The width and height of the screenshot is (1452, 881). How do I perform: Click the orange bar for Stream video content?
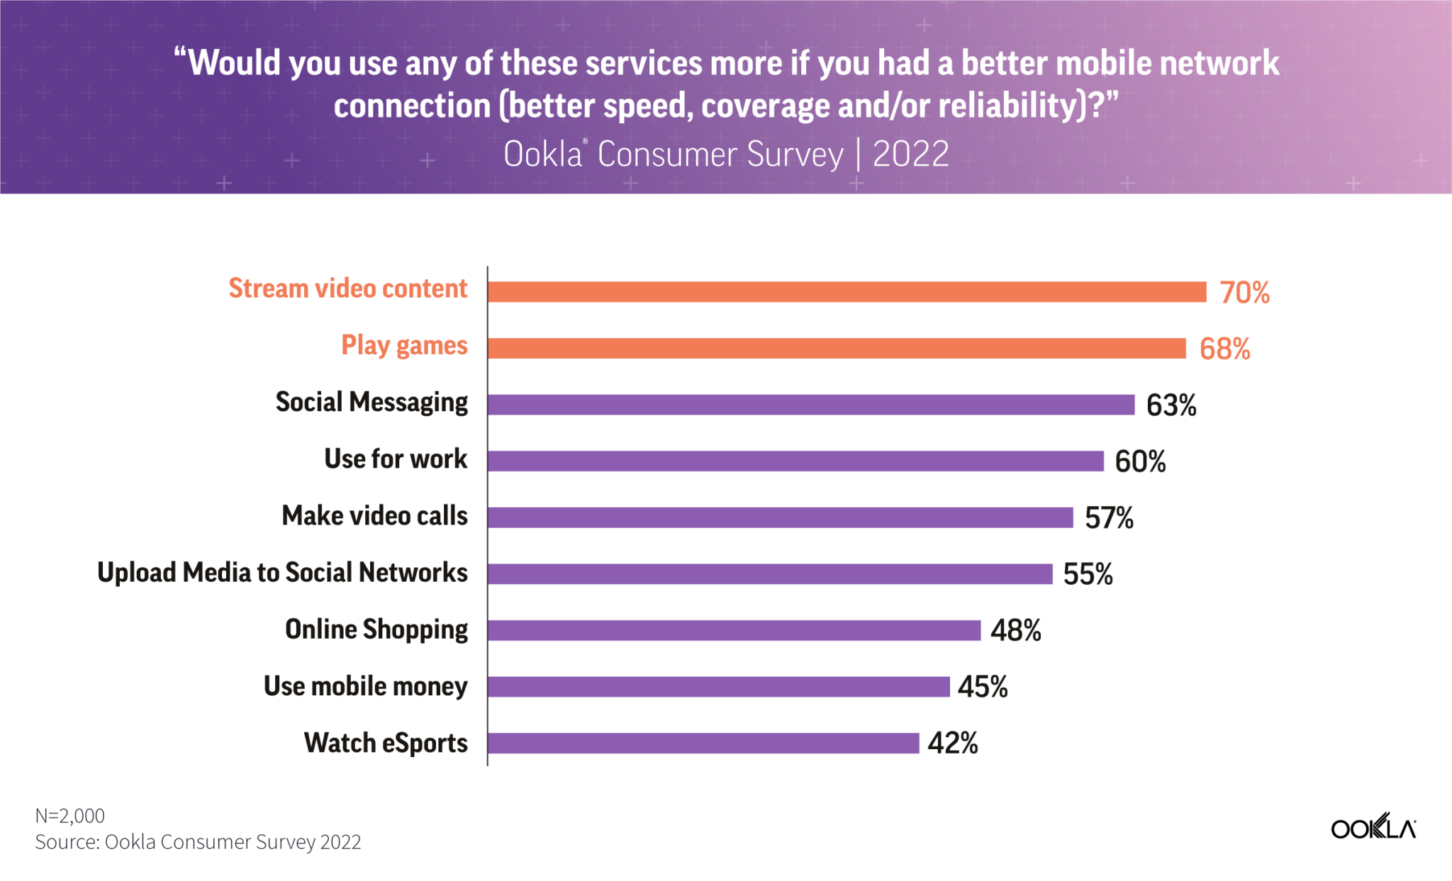pos(847,292)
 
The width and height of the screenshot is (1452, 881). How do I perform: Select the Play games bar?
pos(837,348)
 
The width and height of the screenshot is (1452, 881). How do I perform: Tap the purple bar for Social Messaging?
pos(811,405)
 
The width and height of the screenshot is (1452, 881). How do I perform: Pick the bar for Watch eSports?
pos(703,743)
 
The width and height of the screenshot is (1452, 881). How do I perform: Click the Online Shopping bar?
pos(734,630)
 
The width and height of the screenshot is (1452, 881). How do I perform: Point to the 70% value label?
pos(1244,292)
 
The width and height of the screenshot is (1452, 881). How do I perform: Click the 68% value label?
pos(1224,349)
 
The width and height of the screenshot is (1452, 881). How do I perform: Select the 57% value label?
pos(1109,518)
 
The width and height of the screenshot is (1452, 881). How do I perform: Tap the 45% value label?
pos(983,687)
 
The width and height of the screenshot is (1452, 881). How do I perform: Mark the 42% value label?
pos(953,743)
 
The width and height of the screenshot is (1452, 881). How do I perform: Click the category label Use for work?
pos(396,459)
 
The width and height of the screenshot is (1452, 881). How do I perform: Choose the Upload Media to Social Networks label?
pos(282,573)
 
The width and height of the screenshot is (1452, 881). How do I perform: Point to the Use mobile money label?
pos(365,686)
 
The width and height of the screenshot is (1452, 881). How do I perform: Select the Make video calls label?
pos(374,516)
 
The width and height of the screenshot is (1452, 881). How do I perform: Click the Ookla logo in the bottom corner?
pos(1373,827)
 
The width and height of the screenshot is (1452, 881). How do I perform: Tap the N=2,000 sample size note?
pos(70,816)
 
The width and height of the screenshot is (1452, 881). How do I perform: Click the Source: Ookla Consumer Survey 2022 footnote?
pos(198,842)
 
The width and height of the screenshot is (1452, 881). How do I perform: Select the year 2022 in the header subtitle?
pos(910,154)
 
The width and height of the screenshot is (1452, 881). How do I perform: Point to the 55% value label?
pos(1088,574)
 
